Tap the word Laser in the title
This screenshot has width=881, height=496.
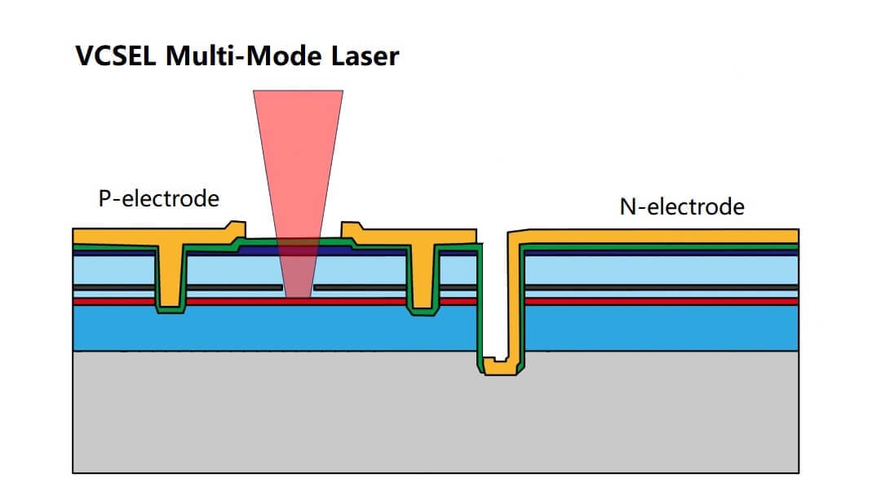tap(365, 56)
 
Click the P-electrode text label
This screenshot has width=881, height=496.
tap(158, 198)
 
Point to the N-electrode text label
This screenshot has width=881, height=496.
tap(682, 206)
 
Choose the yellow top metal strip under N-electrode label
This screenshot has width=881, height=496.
tap(661, 236)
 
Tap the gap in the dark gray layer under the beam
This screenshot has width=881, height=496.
tap(298, 287)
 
